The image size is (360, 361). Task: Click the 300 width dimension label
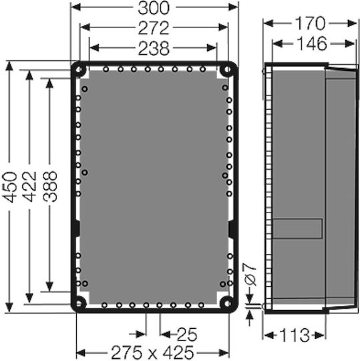pos(154,8)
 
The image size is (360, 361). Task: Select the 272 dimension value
pos(154,28)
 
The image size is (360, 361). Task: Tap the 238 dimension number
pos(154,49)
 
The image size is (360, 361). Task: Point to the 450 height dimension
pos(10,187)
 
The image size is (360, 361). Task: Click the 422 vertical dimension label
pos(29,187)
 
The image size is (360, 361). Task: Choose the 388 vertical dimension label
pos(50,187)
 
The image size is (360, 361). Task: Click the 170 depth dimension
pos(310,23)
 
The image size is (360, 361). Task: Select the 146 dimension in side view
pos(311,43)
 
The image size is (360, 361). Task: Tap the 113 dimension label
pos(295,335)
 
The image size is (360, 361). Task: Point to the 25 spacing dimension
pos(187,334)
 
